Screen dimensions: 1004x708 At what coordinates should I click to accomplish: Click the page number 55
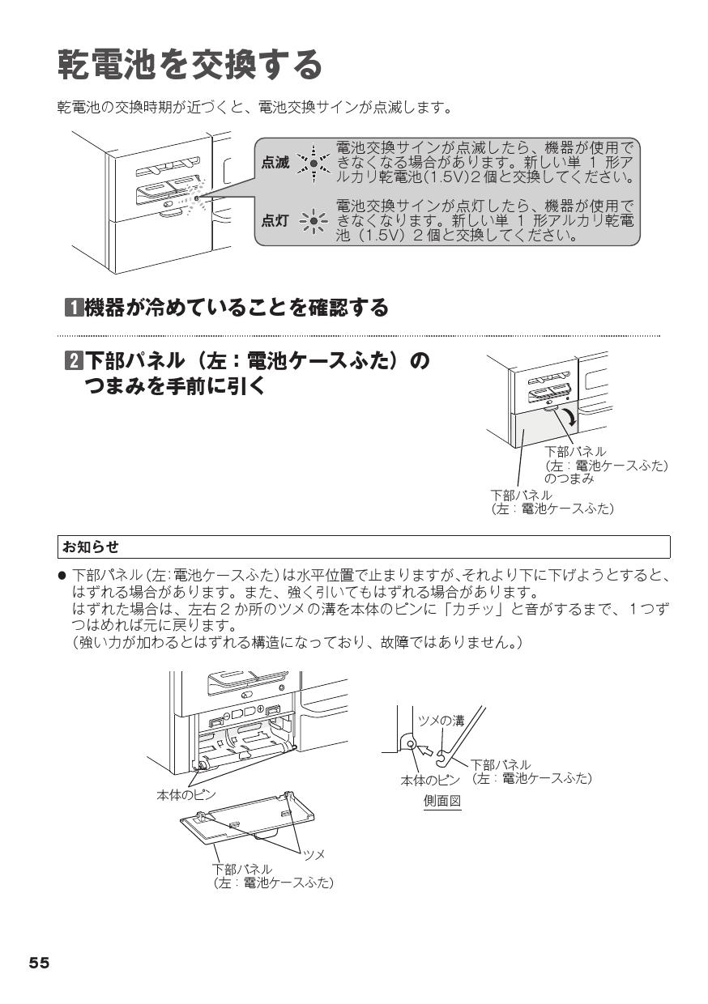[x=39, y=963]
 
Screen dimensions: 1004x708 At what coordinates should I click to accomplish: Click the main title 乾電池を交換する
[x=190, y=65]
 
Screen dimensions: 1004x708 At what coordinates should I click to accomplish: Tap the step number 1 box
[x=72, y=308]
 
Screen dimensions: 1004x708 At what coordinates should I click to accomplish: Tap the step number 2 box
[x=72, y=359]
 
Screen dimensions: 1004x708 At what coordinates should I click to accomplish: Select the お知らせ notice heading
[x=90, y=547]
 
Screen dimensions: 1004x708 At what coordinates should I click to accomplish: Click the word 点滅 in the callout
[x=275, y=163]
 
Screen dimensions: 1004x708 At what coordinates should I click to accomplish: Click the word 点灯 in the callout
[x=275, y=220]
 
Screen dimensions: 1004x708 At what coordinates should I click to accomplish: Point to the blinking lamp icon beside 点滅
[x=313, y=163]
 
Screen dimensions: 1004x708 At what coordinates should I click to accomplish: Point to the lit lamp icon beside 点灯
[x=313, y=220]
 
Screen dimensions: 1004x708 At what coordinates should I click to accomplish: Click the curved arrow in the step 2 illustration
[x=572, y=418]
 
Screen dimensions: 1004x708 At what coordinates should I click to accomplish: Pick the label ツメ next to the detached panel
[x=313, y=854]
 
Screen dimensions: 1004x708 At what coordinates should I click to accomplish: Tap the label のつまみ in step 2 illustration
[x=569, y=479]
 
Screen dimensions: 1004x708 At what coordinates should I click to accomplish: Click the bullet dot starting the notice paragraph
[x=62, y=574]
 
